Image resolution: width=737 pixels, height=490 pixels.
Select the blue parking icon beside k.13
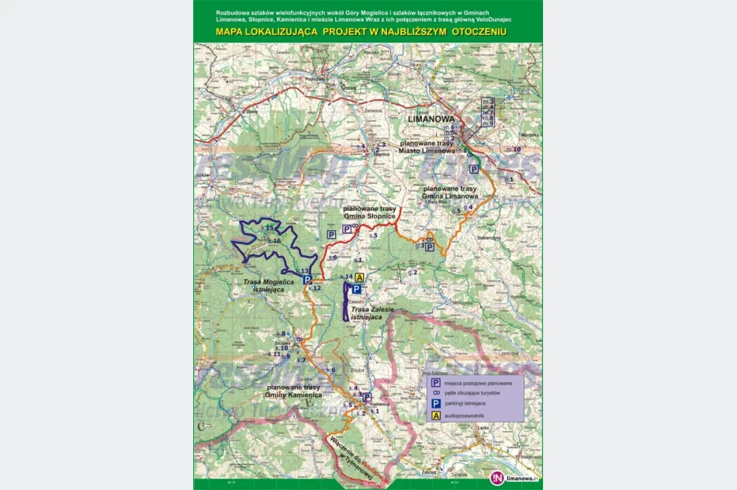pyautogui.click(x=307, y=280)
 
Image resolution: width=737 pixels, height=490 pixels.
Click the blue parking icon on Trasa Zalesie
pyautogui.click(x=357, y=289)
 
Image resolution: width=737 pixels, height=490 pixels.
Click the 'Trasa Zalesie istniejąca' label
pyautogui.click(x=372, y=313)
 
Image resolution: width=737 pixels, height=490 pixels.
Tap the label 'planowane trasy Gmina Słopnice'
pyautogui.click(x=371, y=214)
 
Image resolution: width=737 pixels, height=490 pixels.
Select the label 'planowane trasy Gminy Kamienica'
pyautogui.click(x=293, y=391)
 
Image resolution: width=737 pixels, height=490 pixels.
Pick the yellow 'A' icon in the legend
pyautogui.click(x=435, y=416)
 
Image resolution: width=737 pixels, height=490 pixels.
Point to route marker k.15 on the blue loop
pyautogui.click(x=268, y=228)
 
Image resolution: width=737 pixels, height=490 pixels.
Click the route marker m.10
pyautogui.click(x=514, y=149)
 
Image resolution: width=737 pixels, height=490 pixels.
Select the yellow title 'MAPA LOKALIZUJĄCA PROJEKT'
pyautogui.click(x=361, y=32)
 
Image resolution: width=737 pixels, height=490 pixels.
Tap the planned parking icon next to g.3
pyautogui.click(x=429, y=247)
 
